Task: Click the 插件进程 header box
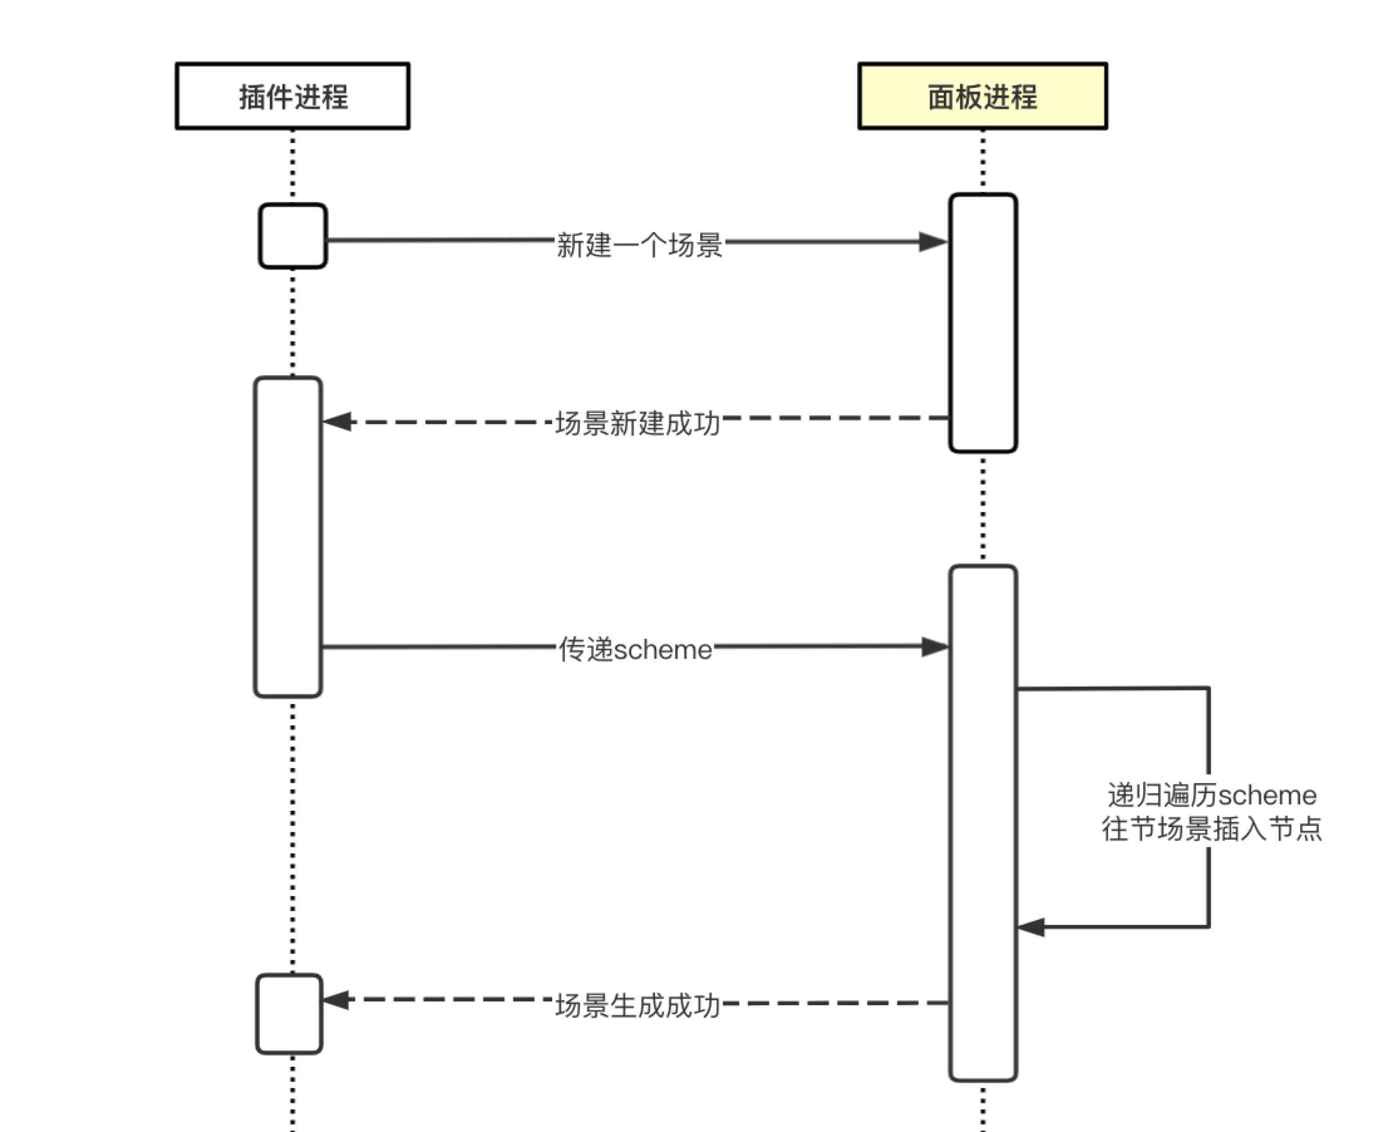(x=292, y=96)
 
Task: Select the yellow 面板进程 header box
(x=982, y=96)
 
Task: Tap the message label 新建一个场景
(x=639, y=245)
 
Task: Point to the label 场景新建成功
(x=637, y=423)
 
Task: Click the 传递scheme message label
(x=635, y=649)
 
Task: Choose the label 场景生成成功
(x=637, y=1005)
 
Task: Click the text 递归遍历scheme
(x=1212, y=795)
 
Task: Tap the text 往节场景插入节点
(x=1212, y=829)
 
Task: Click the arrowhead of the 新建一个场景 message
(x=934, y=242)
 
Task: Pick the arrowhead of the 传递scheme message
(x=935, y=647)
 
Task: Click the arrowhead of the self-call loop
(x=1031, y=927)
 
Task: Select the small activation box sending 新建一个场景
(x=293, y=235)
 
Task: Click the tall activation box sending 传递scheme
(x=287, y=537)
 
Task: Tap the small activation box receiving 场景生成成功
(x=289, y=1014)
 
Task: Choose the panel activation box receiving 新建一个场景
(x=983, y=322)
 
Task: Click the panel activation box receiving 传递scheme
(x=983, y=823)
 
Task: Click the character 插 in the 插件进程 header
(x=252, y=97)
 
